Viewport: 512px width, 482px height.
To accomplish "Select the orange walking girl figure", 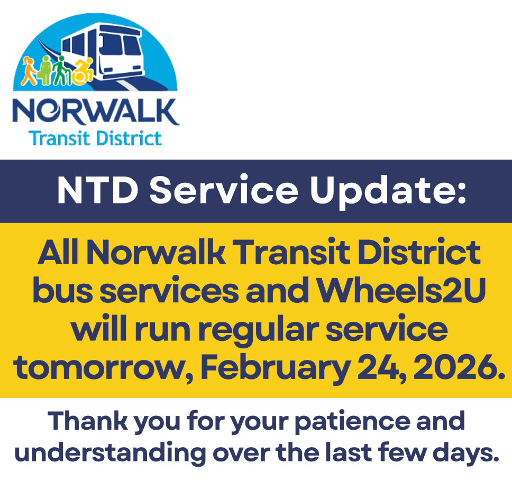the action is [x=29, y=71].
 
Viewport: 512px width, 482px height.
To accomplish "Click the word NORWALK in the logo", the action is [x=96, y=112].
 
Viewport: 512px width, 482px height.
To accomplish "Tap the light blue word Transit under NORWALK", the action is [x=59, y=138].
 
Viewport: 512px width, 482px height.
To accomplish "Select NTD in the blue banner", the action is [x=98, y=191].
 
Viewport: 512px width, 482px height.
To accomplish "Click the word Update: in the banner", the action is [x=388, y=192].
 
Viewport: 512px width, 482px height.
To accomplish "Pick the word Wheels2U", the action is [x=401, y=290].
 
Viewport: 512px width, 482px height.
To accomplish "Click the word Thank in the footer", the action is [x=87, y=421].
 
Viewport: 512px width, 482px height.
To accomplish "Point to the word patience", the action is [x=352, y=422].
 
